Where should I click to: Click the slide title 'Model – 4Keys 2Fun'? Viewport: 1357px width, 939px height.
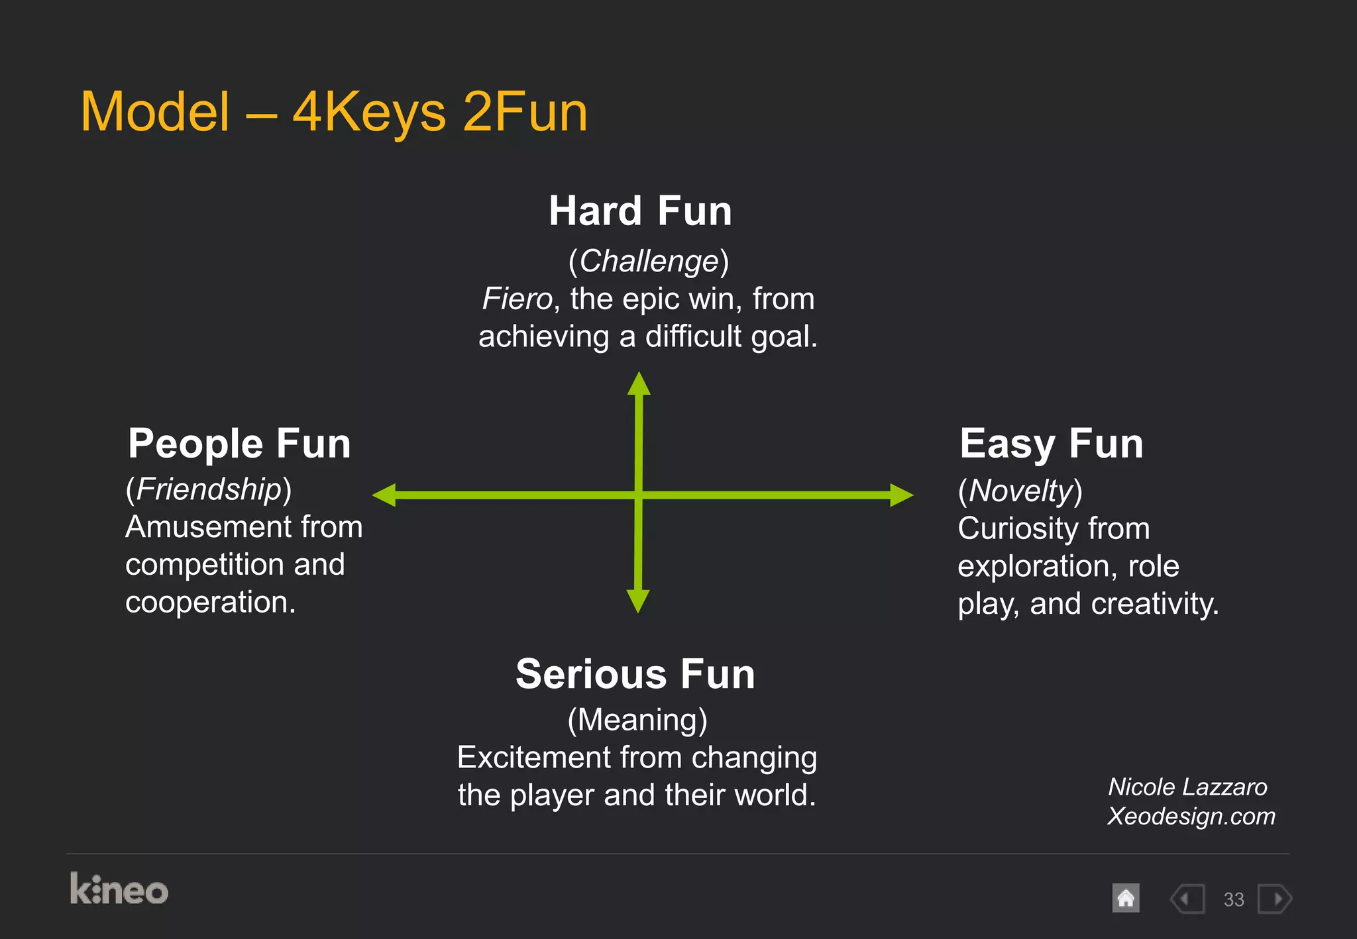click(x=334, y=112)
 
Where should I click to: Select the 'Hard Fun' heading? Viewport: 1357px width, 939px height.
click(x=640, y=211)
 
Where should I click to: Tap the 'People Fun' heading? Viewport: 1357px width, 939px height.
click(x=239, y=443)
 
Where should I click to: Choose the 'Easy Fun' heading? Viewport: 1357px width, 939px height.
click(x=1051, y=443)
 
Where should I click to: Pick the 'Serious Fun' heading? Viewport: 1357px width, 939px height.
click(x=635, y=674)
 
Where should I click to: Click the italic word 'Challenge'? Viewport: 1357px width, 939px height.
click(x=649, y=261)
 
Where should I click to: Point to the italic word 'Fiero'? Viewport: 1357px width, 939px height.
click(x=517, y=299)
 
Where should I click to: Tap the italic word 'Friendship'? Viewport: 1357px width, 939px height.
click(x=209, y=489)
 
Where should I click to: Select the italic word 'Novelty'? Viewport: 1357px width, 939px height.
click(x=1020, y=491)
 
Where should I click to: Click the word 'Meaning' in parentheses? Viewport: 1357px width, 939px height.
click(x=637, y=720)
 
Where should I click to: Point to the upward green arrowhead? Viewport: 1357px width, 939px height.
click(x=639, y=384)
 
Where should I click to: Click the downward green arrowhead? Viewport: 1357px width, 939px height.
click(x=638, y=600)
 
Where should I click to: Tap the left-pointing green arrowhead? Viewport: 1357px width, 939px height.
click(x=385, y=495)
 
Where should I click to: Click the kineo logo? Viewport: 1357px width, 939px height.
click(x=119, y=889)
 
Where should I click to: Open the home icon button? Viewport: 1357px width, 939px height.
click(x=1126, y=899)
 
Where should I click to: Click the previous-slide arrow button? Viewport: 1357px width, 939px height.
click(x=1187, y=899)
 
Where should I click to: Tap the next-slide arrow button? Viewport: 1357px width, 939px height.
click(x=1275, y=899)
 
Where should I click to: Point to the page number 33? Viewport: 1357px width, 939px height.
click(x=1234, y=899)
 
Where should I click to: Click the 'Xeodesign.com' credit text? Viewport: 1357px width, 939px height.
click(x=1191, y=816)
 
